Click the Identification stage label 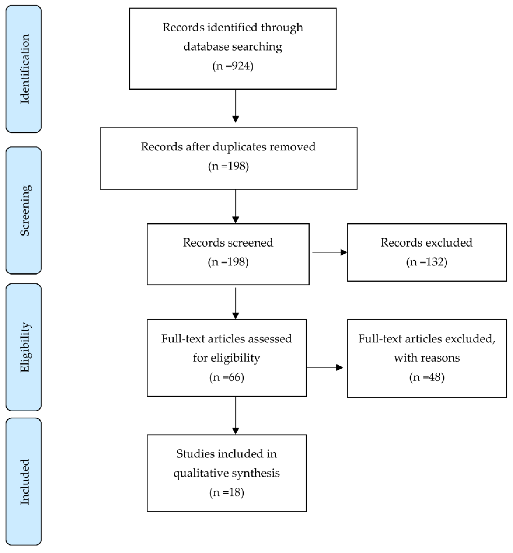point(24,69)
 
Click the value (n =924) point(233,66)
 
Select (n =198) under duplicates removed point(228,166)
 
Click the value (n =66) point(226,377)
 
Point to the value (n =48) point(427,377)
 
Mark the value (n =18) point(226,492)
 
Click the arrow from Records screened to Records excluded point(329,252)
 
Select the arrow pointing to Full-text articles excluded point(325,368)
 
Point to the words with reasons point(427,358)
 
